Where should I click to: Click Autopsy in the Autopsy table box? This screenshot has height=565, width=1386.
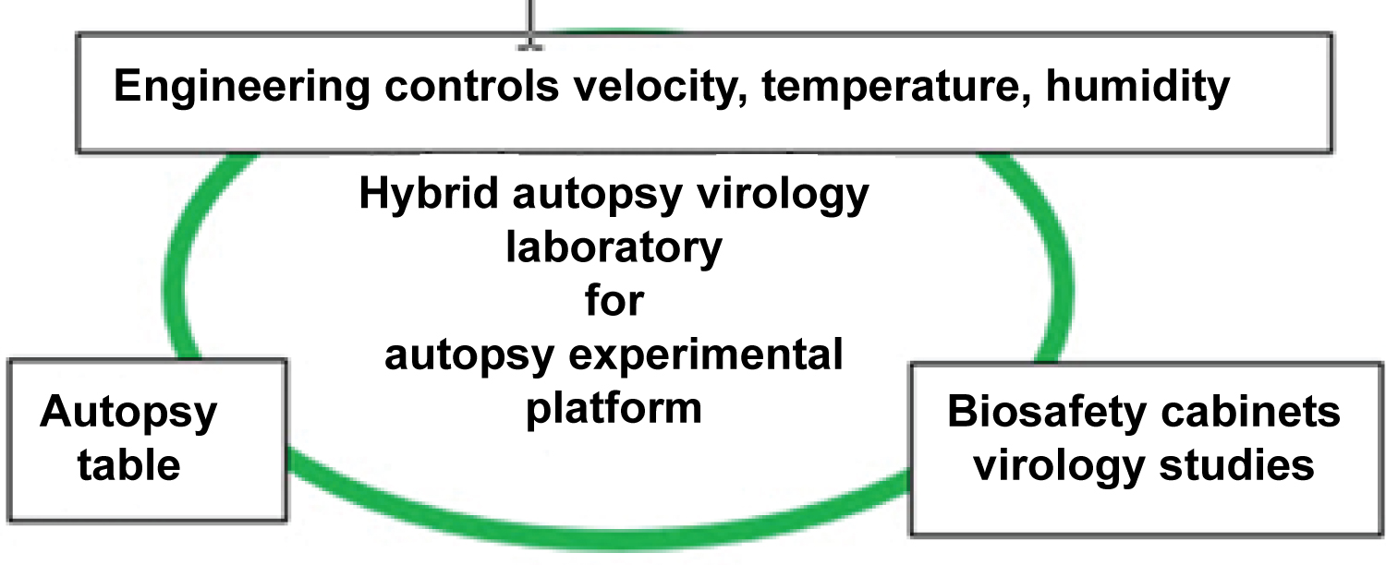[128, 412]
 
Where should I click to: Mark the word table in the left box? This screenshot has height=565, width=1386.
[128, 464]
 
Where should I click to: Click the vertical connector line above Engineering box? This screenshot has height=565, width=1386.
[530, 17]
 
